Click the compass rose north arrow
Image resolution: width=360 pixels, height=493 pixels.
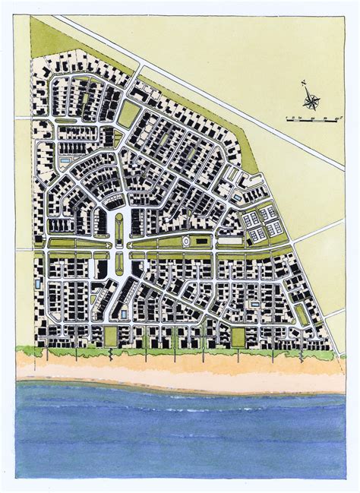click(x=310, y=98)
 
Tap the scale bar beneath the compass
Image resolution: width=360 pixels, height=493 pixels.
click(x=311, y=119)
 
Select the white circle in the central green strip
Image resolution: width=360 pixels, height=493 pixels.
click(x=187, y=242)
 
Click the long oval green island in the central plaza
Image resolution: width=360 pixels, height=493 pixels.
click(x=119, y=228)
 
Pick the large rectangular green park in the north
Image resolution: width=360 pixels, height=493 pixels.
click(x=128, y=114)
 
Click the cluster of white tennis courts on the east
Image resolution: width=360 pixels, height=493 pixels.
click(x=261, y=226)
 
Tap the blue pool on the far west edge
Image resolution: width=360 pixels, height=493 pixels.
click(x=38, y=284)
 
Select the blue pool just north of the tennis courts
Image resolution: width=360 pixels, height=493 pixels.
click(x=238, y=198)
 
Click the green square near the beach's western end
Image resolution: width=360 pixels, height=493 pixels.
click(x=111, y=335)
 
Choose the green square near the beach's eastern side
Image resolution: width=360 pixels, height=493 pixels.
click(x=238, y=337)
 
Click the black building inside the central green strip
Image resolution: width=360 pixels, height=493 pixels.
click(x=201, y=242)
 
